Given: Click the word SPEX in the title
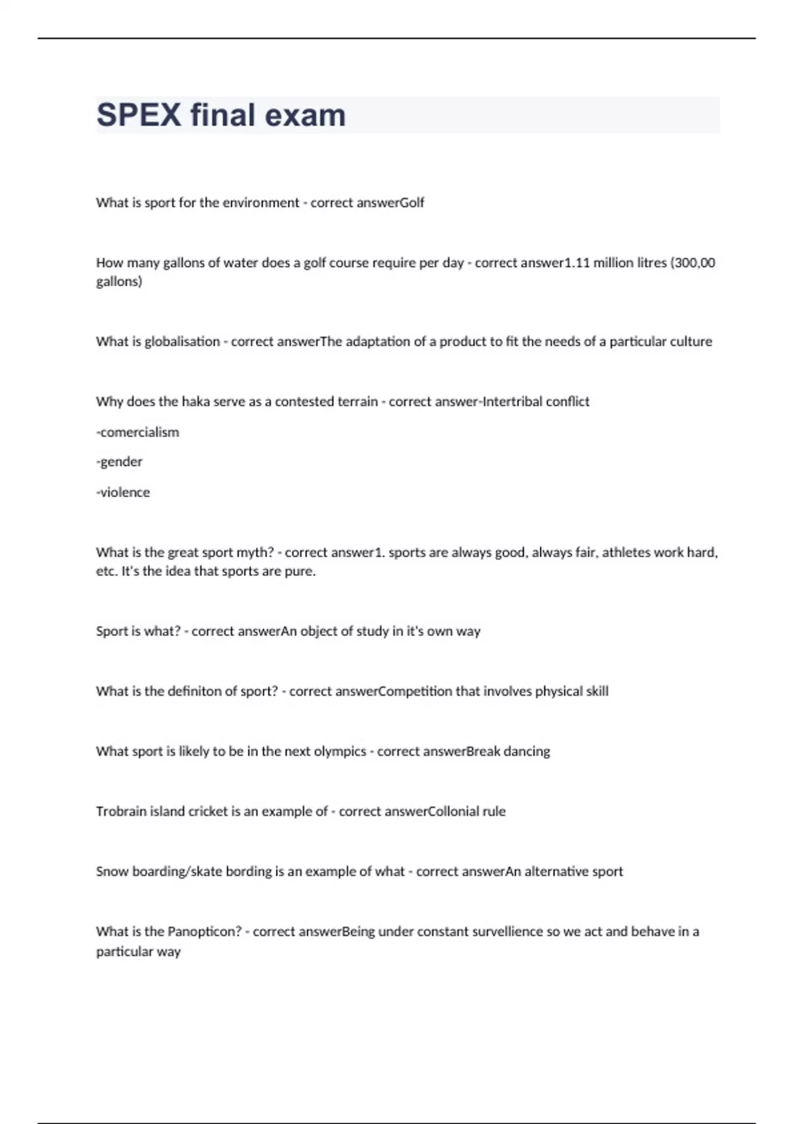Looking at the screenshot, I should point(139,115).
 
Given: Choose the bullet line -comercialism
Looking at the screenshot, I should point(138,432).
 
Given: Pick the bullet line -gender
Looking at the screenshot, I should point(119,462).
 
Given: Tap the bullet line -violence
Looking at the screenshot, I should point(123,492).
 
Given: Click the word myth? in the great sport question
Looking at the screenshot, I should point(255,552).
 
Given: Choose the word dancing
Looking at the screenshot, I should point(527,751).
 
